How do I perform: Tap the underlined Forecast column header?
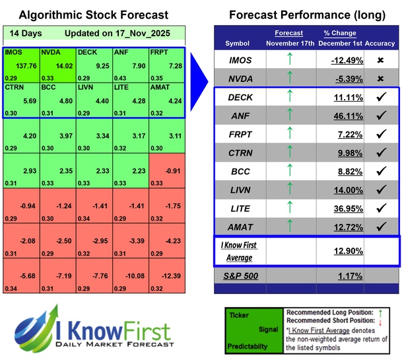[289, 33]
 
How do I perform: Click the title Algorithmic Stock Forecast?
[93, 15]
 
